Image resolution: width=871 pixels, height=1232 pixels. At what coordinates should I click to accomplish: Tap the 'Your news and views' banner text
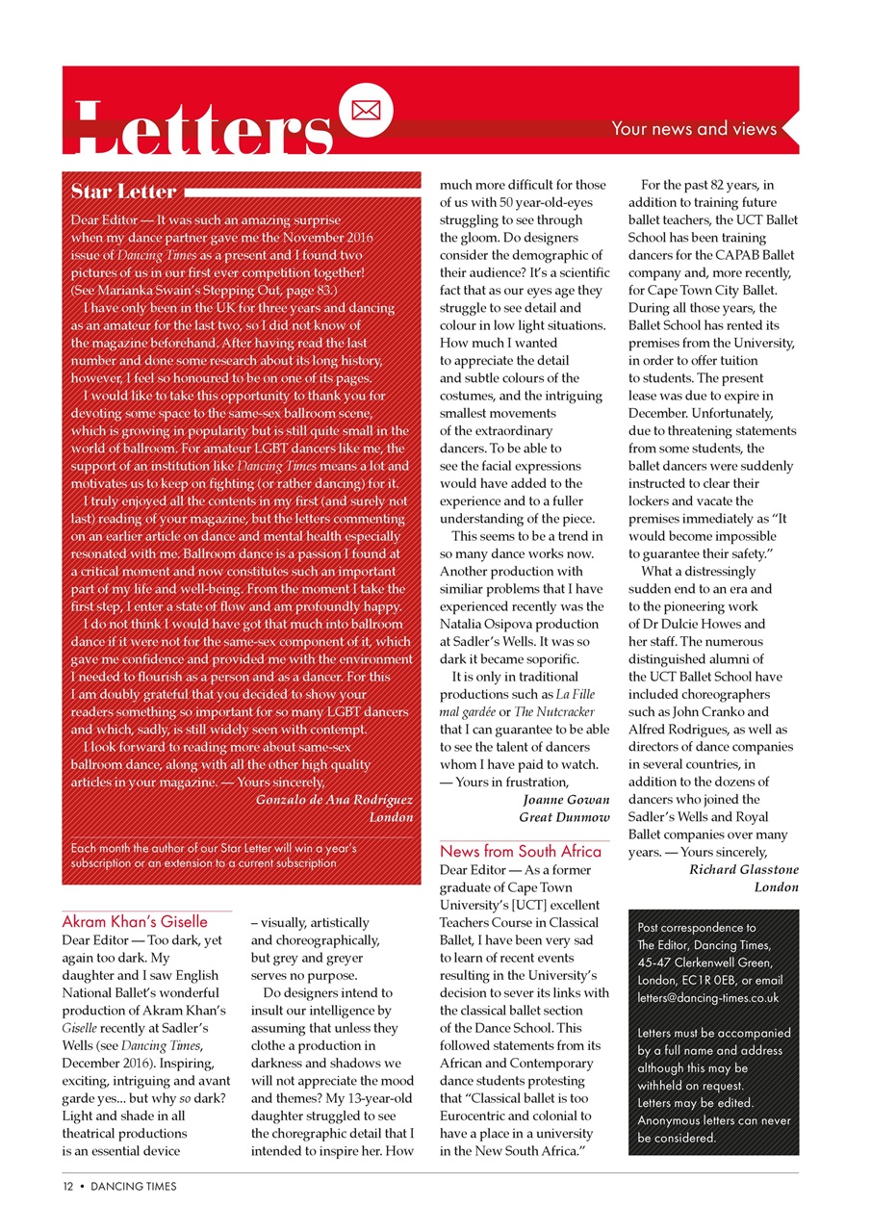coord(693,128)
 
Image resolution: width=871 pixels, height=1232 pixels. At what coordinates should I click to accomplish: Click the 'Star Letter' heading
coord(123,191)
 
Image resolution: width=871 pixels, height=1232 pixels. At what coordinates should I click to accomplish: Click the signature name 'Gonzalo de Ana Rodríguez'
coord(334,799)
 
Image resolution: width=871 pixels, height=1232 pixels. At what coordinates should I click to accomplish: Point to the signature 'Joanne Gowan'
coord(565,799)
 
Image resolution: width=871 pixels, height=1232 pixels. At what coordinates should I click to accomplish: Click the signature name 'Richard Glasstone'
coord(744,869)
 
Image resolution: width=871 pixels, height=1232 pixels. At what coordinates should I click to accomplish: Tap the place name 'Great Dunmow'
coord(564,816)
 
